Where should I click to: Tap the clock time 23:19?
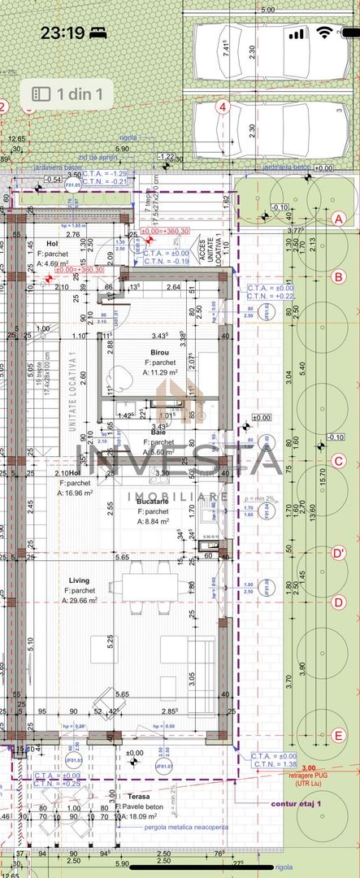(63, 33)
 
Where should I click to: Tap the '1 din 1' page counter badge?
(68, 94)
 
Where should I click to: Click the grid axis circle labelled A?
(340, 218)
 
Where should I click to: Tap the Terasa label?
(132, 798)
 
